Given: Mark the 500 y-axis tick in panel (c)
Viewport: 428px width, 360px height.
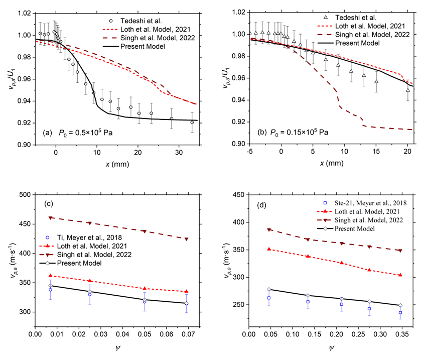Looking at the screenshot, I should (x=25, y=195).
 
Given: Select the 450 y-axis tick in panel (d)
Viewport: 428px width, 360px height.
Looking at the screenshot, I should (x=238, y=195).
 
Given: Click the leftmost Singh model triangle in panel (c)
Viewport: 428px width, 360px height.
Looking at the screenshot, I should (x=50, y=218).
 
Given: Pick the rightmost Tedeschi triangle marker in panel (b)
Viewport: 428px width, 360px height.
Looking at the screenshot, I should (x=408, y=90).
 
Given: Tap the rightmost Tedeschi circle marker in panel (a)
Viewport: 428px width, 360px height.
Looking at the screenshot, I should (x=192, y=123).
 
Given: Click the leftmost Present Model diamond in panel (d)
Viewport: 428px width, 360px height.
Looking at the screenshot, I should (x=269, y=289).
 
